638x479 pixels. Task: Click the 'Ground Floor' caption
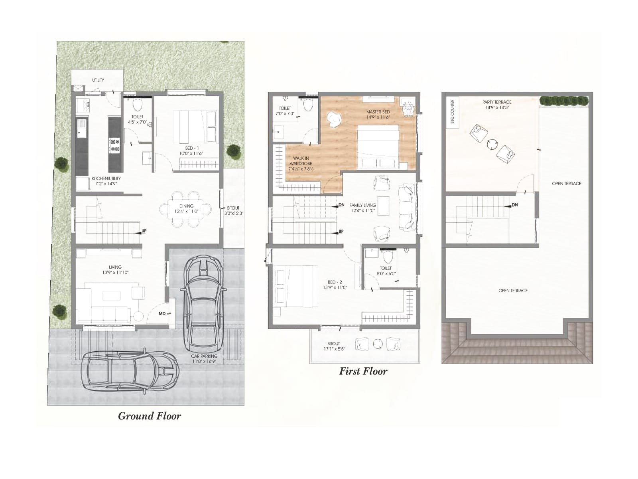point(150,416)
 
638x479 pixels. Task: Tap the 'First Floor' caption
point(363,371)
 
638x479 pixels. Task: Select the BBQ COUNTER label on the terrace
point(453,111)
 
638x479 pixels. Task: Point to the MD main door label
point(162,314)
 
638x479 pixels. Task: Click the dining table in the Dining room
point(186,209)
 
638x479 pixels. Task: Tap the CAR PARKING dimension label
point(204,358)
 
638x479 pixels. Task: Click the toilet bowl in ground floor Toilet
point(138,105)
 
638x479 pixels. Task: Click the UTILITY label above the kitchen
point(98,80)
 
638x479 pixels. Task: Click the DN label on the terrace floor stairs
point(515,205)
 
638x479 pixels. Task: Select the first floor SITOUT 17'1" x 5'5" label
point(333,346)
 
